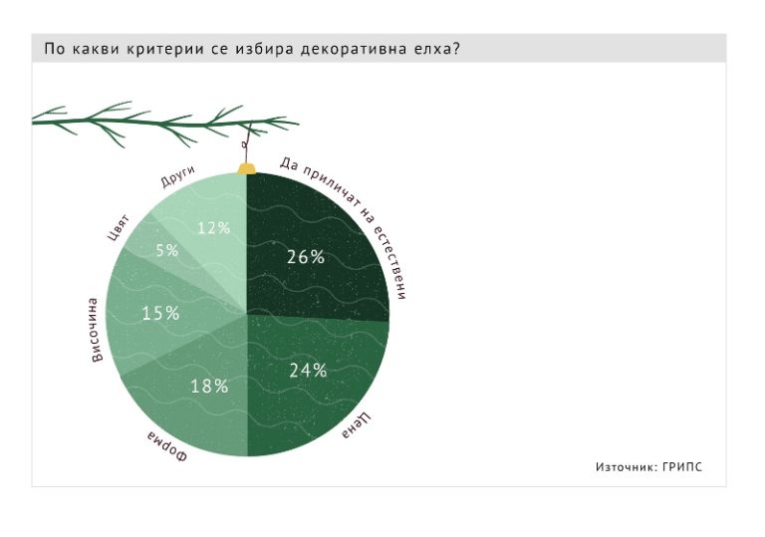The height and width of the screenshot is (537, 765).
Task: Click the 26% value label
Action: tap(306, 257)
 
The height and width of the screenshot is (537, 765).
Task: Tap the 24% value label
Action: tap(308, 371)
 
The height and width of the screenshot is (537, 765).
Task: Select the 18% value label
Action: tap(209, 386)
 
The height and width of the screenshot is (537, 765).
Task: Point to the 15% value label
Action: tap(160, 314)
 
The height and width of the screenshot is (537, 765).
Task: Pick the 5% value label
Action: tap(166, 251)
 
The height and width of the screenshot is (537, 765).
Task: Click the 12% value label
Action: tap(213, 227)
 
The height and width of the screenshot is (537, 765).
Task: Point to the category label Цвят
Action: tap(118, 226)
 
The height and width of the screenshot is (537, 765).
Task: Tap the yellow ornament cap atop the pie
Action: tap(246, 168)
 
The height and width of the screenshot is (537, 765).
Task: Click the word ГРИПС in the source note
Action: tap(681, 466)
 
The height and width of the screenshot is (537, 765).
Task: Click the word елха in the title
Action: tap(427, 49)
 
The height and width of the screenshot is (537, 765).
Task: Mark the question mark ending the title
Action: tap(455, 49)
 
